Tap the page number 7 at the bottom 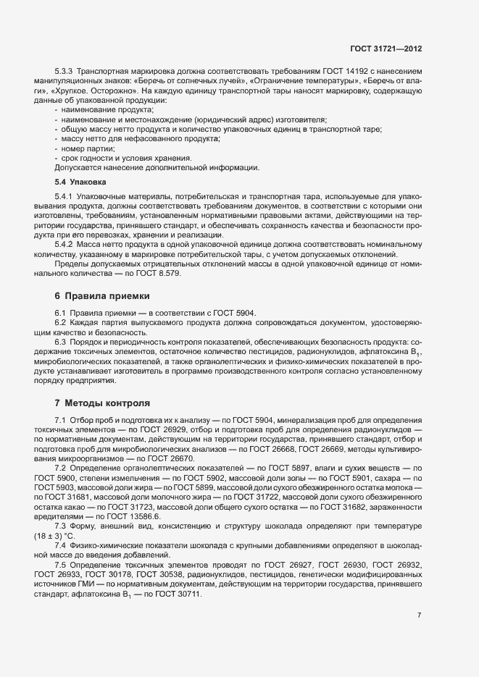click(x=419, y=616)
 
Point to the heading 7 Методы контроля click(x=101, y=402)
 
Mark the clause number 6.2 click(x=60, y=322)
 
